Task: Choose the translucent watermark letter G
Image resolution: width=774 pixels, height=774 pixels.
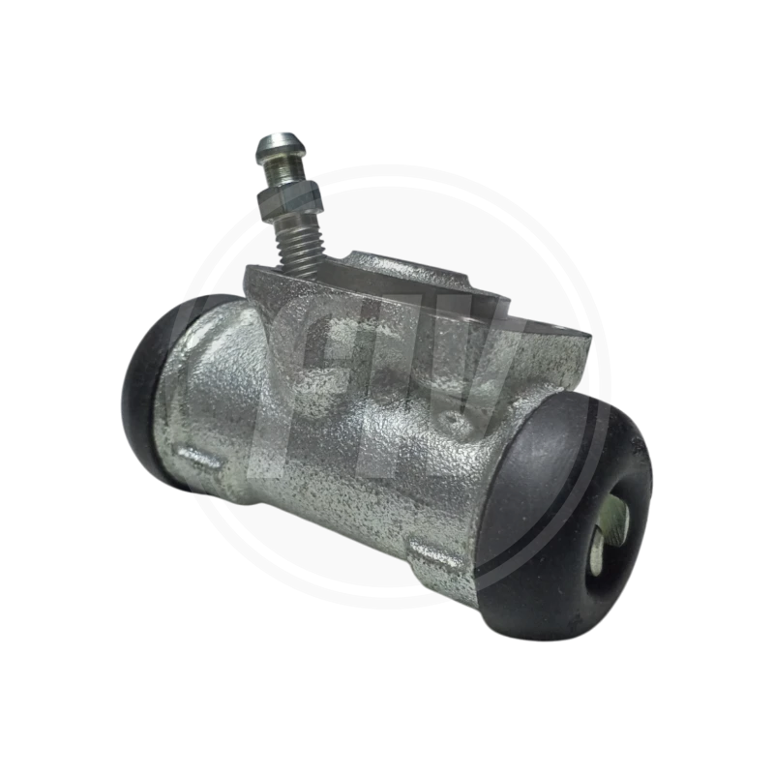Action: (x=319, y=377)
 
